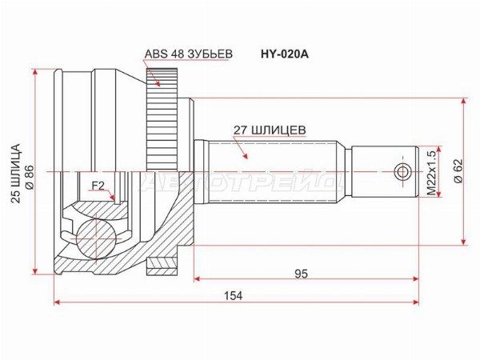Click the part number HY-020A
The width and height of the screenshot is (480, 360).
click(x=284, y=54)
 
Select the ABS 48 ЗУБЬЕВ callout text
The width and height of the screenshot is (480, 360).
click(x=189, y=54)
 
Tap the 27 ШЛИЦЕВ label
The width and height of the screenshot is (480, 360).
click(x=270, y=130)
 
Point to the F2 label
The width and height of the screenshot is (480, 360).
click(x=98, y=186)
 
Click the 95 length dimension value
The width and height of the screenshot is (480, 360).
click(x=301, y=274)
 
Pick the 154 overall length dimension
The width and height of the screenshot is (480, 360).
click(x=234, y=296)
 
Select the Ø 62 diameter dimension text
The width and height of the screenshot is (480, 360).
click(x=459, y=171)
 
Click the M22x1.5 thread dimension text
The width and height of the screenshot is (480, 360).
click(x=431, y=174)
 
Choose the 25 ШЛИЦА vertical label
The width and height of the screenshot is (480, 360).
click(x=16, y=173)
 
